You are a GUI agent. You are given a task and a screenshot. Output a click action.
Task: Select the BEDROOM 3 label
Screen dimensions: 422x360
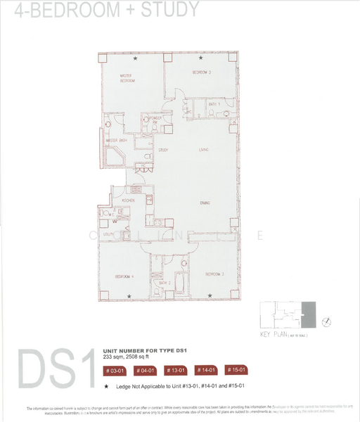coord(202,72)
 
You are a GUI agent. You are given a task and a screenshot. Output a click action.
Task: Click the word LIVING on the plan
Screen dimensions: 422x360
coord(204,150)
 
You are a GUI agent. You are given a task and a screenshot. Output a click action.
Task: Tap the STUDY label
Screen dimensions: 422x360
coord(162,150)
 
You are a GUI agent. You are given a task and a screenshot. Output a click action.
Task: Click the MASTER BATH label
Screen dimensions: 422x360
coord(117,141)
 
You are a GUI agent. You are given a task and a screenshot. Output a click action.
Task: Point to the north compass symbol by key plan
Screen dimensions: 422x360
coord(326,321)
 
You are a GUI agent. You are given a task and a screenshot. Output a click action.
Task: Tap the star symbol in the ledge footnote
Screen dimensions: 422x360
coord(106,387)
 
